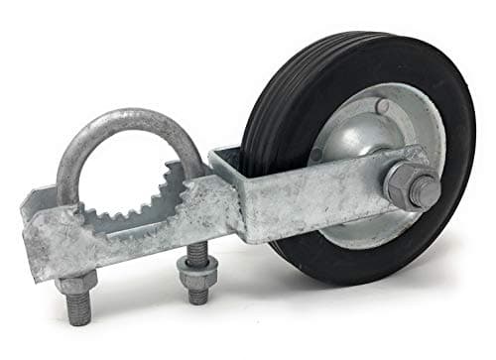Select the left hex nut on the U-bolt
78,288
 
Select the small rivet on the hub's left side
316,156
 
